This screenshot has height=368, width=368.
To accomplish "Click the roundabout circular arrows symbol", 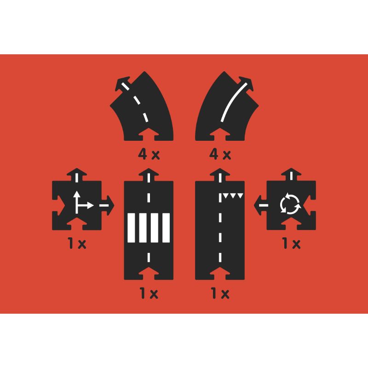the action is pyautogui.click(x=290, y=203).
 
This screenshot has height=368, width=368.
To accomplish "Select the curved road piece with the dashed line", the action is pyautogui.click(x=142, y=106).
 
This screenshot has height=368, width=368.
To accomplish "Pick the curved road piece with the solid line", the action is pyautogui.click(x=227, y=106).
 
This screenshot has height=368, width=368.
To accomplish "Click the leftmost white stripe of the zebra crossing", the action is pyautogui.click(x=131, y=228).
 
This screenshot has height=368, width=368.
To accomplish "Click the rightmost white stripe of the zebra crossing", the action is pyautogui.click(x=166, y=228).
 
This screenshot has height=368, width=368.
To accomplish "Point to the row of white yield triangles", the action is pyautogui.click(x=233, y=196).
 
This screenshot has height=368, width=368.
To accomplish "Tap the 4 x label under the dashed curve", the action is pyautogui.click(x=149, y=155).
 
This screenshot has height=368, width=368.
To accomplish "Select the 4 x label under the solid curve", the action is pyautogui.click(x=220, y=155).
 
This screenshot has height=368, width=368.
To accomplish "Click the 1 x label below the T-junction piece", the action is pyautogui.click(x=77, y=243).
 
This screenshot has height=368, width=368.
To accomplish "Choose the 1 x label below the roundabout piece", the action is pyautogui.click(x=291, y=243).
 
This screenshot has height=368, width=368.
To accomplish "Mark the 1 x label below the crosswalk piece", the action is pyautogui.click(x=149, y=293).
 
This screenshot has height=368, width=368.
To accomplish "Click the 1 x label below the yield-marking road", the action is pyautogui.click(x=220, y=293).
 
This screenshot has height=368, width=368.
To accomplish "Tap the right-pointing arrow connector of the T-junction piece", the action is pyautogui.click(x=107, y=205).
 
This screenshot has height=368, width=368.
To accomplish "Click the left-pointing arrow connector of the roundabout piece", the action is pyautogui.click(x=261, y=205).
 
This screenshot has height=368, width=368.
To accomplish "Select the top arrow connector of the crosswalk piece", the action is pyautogui.click(x=149, y=175).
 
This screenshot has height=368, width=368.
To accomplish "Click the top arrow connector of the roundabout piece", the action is pyautogui.click(x=291, y=175).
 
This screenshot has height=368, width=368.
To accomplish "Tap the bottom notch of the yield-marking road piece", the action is pyautogui.click(x=220, y=273).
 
